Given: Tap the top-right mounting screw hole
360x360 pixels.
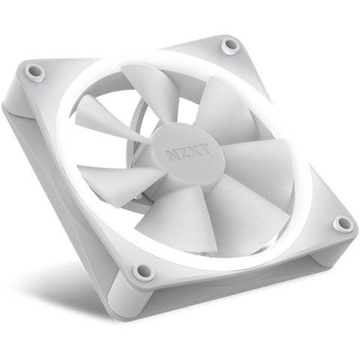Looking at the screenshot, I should click(231, 46).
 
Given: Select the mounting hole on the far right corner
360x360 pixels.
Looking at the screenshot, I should click(342, 223).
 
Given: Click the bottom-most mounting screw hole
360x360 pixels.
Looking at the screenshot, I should click(142, 271).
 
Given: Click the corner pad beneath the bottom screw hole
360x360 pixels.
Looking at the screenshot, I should click(139, 300).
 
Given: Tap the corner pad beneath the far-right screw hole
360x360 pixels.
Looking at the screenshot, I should click(330, 251).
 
